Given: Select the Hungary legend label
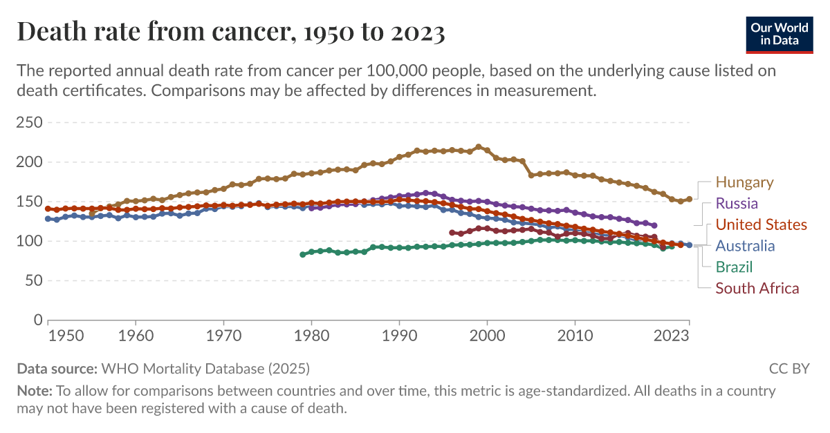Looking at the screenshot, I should [x=744, y=182].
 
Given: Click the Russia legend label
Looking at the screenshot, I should [x=737, y=204].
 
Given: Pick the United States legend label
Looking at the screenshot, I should [x=761, y=224].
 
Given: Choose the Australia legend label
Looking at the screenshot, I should [x=745, y=246].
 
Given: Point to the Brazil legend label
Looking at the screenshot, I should [x=734, y=267].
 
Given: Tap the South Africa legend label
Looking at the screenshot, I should [x=757, y=289].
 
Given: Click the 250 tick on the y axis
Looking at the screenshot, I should [x=29, y=123].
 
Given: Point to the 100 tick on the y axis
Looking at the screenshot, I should [x=29, y=241].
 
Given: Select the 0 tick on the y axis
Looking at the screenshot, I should [x=38, y=320].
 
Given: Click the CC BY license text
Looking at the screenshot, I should [x=788, y=368].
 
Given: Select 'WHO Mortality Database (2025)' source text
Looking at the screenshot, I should [x=205, y=368].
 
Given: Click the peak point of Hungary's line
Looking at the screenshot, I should [x=478, y=146].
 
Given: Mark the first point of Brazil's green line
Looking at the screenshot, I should [x=302, y=255].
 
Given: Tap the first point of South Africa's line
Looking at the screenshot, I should [x=452, y=233].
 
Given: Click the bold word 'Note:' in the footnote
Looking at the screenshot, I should [x=35, y=391].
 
